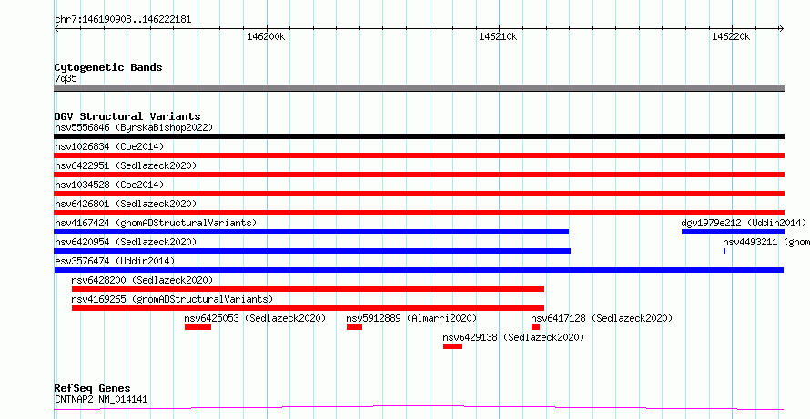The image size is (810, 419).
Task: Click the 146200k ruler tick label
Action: (266, 36)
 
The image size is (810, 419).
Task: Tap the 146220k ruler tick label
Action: (731, 36)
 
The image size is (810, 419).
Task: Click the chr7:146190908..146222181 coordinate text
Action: (123, 19)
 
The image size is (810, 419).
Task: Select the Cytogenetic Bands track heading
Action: (108, 67)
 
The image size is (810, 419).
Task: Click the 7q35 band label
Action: (66, 78)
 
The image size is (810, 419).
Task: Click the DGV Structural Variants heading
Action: (127, 116)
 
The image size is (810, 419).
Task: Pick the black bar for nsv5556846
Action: (419, 136)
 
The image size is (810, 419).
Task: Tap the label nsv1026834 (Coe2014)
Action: (108, 146)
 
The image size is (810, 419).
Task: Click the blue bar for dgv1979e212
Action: (733, 232)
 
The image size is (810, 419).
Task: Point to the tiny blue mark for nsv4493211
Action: (724, 251)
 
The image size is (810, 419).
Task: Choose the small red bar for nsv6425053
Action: (197, 327)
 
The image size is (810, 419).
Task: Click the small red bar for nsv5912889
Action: (354, 327)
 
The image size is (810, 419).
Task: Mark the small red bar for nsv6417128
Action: (535, 327)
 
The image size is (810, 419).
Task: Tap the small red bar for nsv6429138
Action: (452, 346)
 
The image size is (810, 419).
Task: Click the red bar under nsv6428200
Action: (308, 289)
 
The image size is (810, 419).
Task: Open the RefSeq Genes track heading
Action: (92, 388)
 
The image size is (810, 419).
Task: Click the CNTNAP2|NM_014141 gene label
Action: (101, 399)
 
